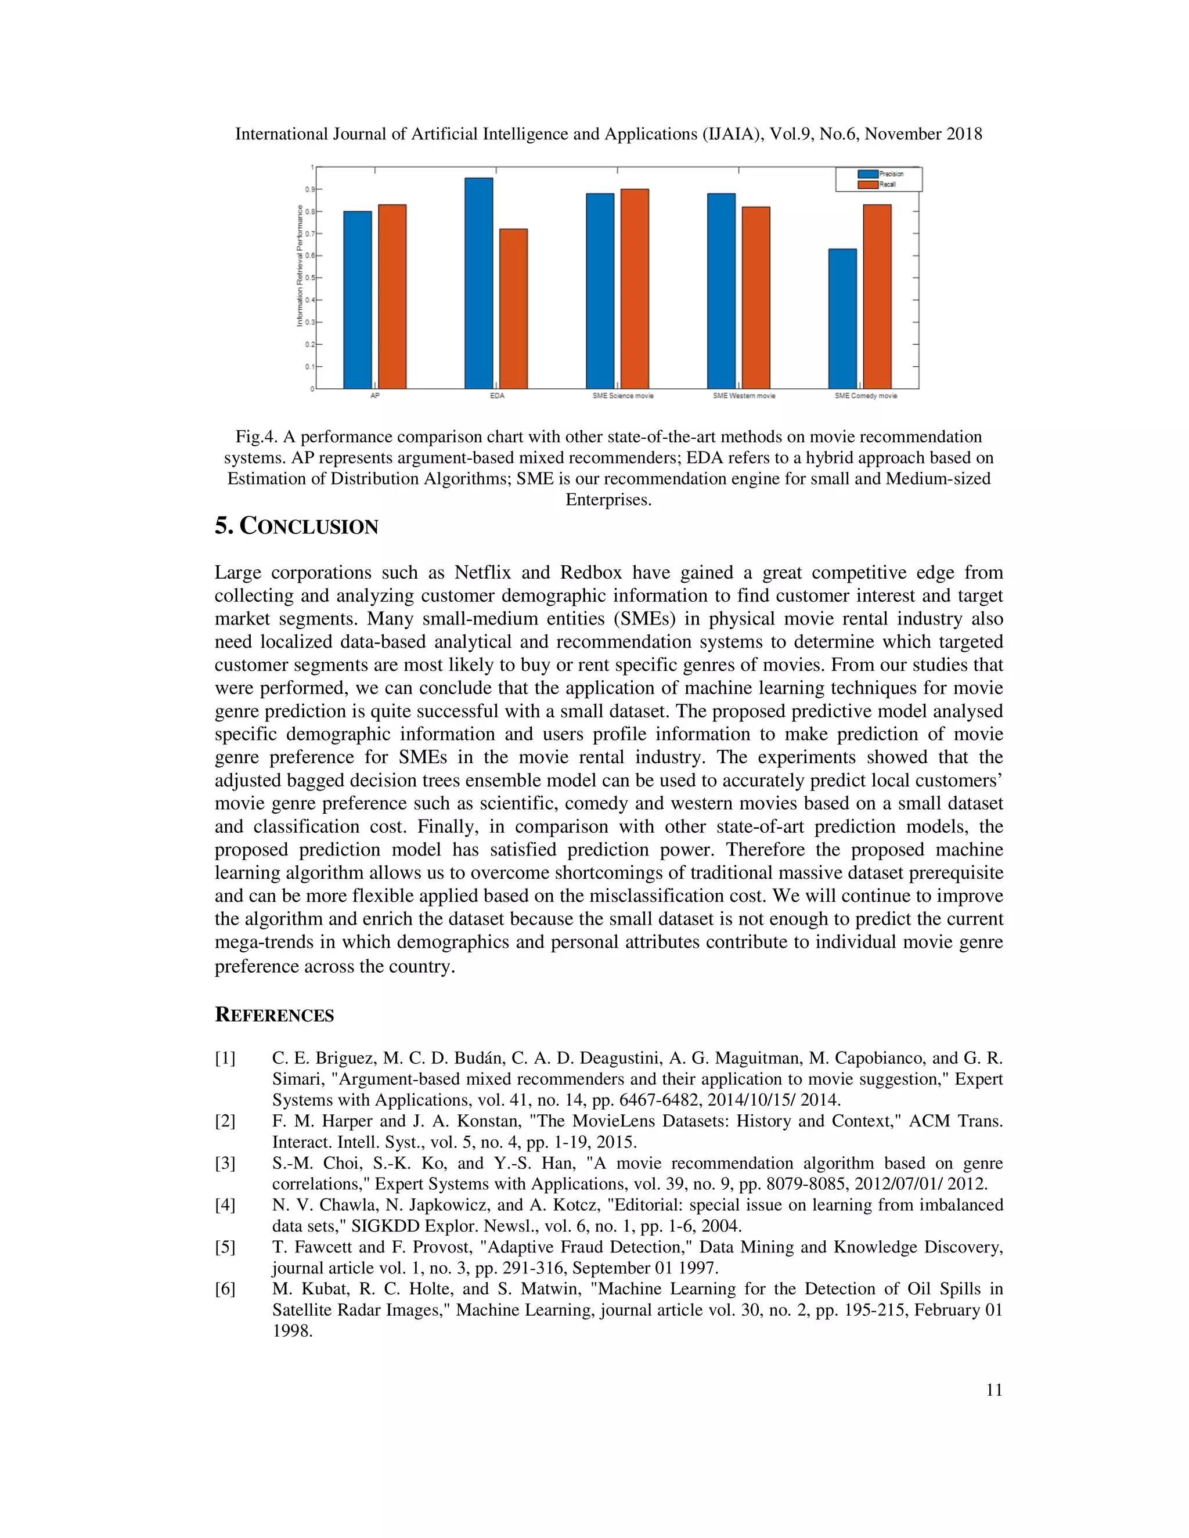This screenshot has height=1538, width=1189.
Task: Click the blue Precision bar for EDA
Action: tap(478, 283)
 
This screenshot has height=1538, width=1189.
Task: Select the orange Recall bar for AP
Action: tap(392, 297)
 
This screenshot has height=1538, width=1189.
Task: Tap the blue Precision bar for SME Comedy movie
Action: tap(842, 318)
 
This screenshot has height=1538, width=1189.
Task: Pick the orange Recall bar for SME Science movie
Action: tap(634, 288)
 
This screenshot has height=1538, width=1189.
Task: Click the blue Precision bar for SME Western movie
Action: tap(720, 291)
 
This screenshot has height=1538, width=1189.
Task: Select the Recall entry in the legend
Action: tap(886, 185)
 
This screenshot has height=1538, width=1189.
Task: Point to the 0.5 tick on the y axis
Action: tap(308, 277)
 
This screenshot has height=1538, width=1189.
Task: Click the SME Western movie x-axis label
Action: tap(743, 396)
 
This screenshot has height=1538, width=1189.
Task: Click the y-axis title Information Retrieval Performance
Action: tap(300, 265)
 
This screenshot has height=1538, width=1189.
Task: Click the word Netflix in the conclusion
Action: tap(482, 572)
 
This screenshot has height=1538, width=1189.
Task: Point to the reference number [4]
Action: tap(225, 1205)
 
